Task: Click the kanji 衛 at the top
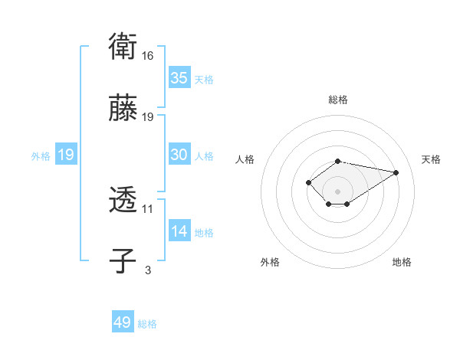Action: (x=123, y=47)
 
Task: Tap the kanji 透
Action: (x=123, y=201)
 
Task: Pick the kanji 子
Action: (x=123, y=260)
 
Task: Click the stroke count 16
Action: (x=148, y=56)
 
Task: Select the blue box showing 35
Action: (x=179, y=78)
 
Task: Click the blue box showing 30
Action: (x=179, y=155)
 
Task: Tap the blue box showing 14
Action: (x=179, y=231)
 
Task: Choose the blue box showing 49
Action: (x=123, y=322)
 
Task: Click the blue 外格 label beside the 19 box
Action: (x=41, y=155)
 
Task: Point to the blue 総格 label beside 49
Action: (x=147, y=324)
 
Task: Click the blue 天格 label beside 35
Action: (x=204, y=80)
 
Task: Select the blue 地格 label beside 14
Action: (x=204, y=233)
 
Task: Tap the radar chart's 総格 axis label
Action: (x=338, y=100)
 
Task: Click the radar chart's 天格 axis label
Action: (x=432, y=159)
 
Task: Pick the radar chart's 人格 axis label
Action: (x=245, y=159)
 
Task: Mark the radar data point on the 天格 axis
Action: (x=396, y=172)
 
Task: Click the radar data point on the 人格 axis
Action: (x=308, y=182)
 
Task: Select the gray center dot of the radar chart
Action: (x=338, y=191)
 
